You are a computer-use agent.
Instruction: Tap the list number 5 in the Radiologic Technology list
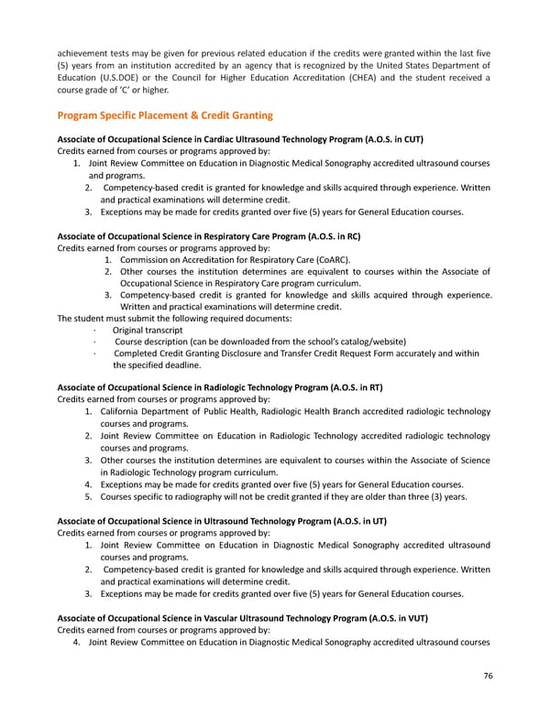(x=87, y=496)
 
